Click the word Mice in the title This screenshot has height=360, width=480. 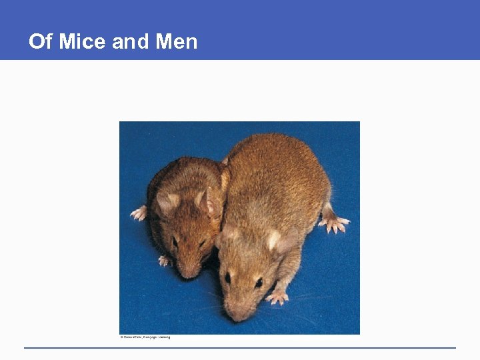[x=83, y=42]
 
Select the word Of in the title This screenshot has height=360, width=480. [x=40, y=42]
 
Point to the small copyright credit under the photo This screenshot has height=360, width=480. [x=145, y=337]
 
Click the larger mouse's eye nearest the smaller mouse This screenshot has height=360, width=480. [x=228, y=276]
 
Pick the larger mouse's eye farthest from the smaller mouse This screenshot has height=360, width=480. [x=258, y=282]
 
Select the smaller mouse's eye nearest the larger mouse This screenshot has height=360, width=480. [x=202, y=243]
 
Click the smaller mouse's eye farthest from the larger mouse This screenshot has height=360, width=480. [x=175, y=241]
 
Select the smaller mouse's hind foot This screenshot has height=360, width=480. [x=139, y=213]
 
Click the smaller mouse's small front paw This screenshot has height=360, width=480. [x=164, y=261]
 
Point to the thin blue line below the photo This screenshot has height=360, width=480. [x=240, y=347]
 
